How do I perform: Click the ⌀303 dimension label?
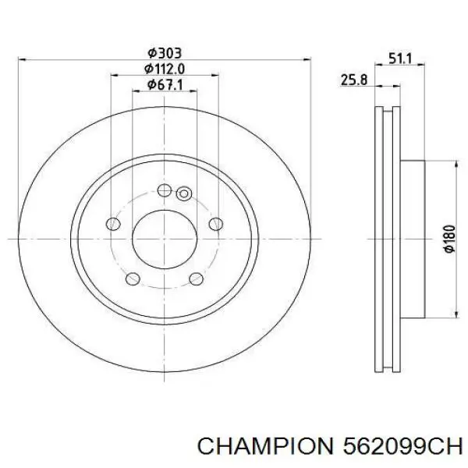point(165,53)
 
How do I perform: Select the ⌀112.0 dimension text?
point(165,69)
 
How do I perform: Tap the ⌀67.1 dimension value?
point(165,85)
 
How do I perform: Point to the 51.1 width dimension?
point(400,58)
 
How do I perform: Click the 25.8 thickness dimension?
point(354,80)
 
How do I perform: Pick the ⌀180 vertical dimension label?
point(450,239)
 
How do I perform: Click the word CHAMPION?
point(264,447)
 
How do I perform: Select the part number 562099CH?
point(402,447)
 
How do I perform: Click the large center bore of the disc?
point(165,239)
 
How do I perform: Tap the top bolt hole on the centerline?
point(165,190)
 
